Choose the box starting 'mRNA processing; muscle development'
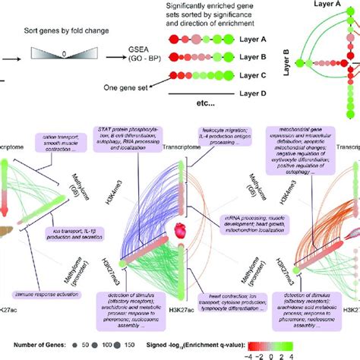tap(248, 225)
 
